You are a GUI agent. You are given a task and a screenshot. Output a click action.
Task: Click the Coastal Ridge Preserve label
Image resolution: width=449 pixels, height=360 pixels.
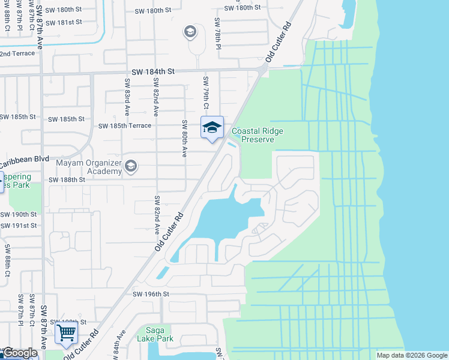pos(257,135)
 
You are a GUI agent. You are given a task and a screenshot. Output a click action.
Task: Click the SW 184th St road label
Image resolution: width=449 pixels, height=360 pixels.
pos(154,71)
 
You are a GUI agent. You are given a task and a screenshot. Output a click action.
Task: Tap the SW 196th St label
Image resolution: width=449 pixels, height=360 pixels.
pos(152,294)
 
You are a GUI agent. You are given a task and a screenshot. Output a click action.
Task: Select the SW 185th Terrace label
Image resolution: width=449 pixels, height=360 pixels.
pos(125,126)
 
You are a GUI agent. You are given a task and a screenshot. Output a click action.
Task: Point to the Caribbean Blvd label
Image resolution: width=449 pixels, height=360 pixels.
pos(24,161)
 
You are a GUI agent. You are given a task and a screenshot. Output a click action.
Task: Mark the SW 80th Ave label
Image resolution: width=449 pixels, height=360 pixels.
pos(183,138)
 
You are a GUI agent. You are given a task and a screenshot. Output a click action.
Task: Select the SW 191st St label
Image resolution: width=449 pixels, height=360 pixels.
pos(18,226)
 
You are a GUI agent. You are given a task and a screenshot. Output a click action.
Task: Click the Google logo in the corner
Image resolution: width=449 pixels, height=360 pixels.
pos(20,353)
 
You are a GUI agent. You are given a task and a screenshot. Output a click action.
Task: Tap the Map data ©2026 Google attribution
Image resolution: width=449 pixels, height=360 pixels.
pos(411,355)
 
